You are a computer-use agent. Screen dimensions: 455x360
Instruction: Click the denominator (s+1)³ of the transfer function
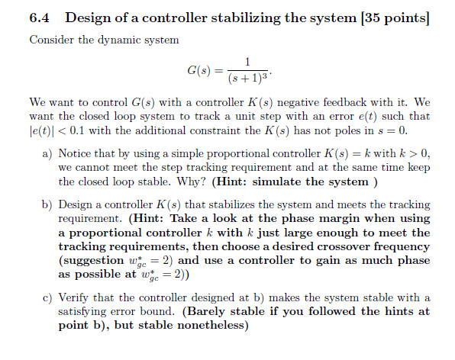[x=247, y=79]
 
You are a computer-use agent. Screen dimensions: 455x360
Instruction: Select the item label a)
[x=47, y=153]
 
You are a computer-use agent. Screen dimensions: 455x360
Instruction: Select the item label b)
[x=47, y=204]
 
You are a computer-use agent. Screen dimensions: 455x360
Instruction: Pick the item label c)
[x=47, y=297]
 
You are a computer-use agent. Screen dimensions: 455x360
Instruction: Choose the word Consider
[x=50, y=40]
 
